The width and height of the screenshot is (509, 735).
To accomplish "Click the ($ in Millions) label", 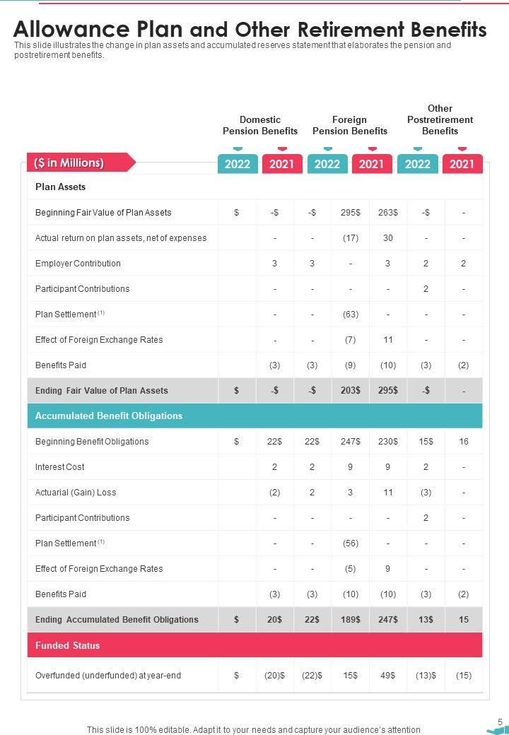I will click(x=69, y=163).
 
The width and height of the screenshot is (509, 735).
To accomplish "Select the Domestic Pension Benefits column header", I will click(x=260, y=125).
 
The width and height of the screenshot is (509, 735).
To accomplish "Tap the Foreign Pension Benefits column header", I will click(x=350, y=125).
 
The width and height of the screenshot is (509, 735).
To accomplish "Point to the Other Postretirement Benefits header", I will click(x=440, y=119).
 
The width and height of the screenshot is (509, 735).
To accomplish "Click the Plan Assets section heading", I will click(x=61, y=187).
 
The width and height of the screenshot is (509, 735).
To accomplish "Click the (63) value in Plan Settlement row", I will click(x=350, y=314).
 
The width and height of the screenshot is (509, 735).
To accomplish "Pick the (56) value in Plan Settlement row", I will click(x=350, y=543).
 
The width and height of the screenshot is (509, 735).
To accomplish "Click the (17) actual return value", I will click(x=350, y=238).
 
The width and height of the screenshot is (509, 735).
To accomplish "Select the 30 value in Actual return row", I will click(x=388, y=238).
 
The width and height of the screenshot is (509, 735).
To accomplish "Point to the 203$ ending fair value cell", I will click(x=350, y=391).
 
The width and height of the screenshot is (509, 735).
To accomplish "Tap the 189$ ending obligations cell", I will click(x=350, y=620).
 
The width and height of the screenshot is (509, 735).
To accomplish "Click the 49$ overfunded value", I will click(x=387, y=676).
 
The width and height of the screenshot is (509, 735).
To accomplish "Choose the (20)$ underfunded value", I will click(x=274, y=676).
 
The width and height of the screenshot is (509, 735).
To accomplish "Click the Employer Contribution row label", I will click(x=78, y=264).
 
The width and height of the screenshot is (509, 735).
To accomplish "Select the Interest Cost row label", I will click(x=60, y=467).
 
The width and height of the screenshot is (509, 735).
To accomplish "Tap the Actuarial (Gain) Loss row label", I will click(x=76, y=493).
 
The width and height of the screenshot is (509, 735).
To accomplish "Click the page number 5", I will click(x=500, y=722).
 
